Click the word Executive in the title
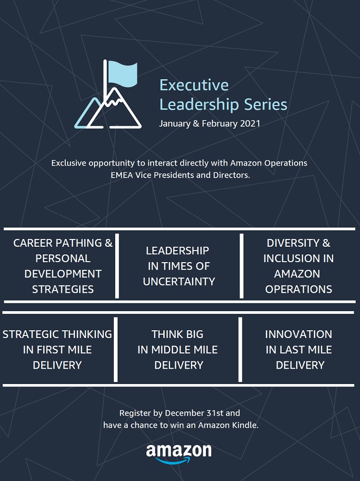pyautogui.click(x=194, y=85)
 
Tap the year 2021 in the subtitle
pyautogui.click(x=250, y=124)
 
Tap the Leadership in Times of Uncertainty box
pyautogui.click(x=179, y=266)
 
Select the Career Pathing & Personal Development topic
pyautogui.click(x=63, y=266)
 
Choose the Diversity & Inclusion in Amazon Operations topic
pyautogui.click(x=299, y=266)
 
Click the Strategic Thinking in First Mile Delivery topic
pyautogui.click(x=57, y=349)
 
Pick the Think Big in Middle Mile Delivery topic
pyautogui.click(x=178, y=349)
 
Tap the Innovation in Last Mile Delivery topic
pyautogui.click(x=299, y=349)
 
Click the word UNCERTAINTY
pyautogui.click(x=179, y=282)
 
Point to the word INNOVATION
pyautogui.click(x=299, y=334)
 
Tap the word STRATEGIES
pyautogui.click(x=63, y=289)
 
